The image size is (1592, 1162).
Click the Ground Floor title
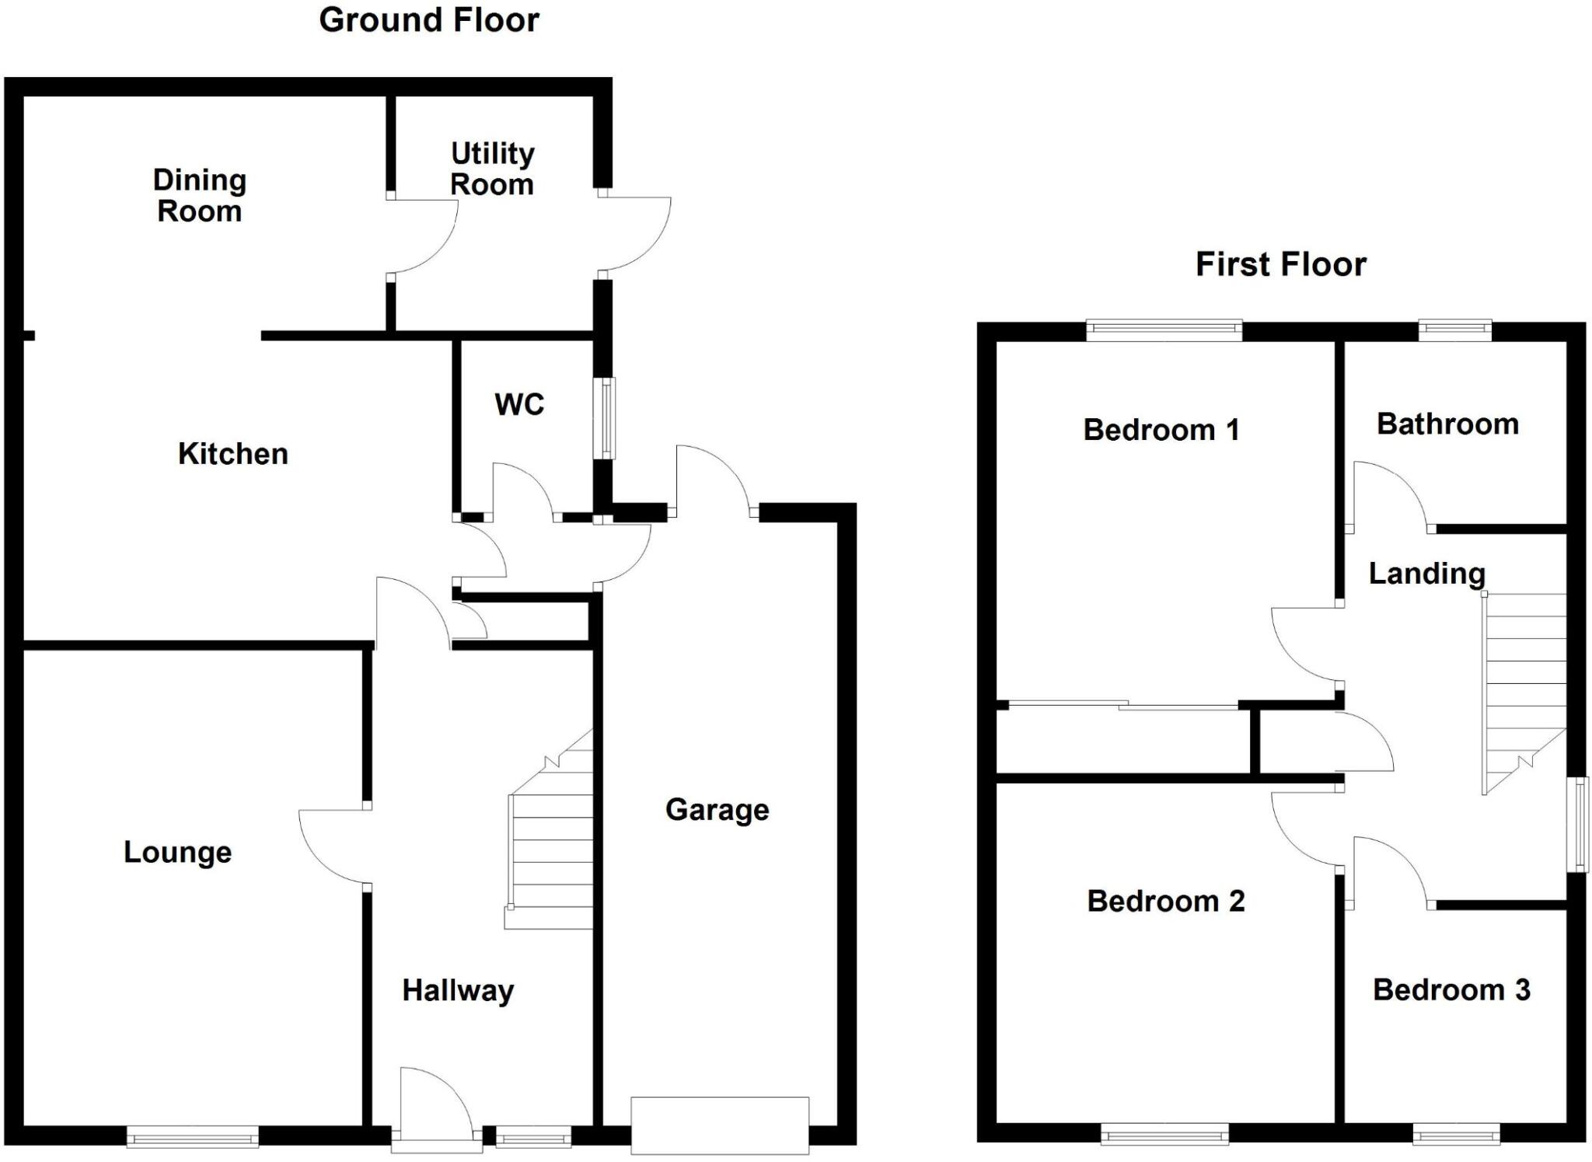pos(429,20)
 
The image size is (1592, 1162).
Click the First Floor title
pos(1280,264)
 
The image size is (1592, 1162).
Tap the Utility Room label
pos(492,169)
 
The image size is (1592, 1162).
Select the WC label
pos(519,404)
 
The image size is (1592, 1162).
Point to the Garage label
pos(717,810)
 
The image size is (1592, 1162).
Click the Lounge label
pos(177,853)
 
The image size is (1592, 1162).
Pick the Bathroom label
pos(1447,424)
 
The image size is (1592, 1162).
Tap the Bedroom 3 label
pos(1451,990)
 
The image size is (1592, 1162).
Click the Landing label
pos(1426,574)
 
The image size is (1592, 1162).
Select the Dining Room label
pos(199,195)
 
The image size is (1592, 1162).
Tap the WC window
pos(605,418)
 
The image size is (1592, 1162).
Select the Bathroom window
pos(1454,330)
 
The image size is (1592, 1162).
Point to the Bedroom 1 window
pos(1164,330)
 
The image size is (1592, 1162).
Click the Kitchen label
pos(232,454)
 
